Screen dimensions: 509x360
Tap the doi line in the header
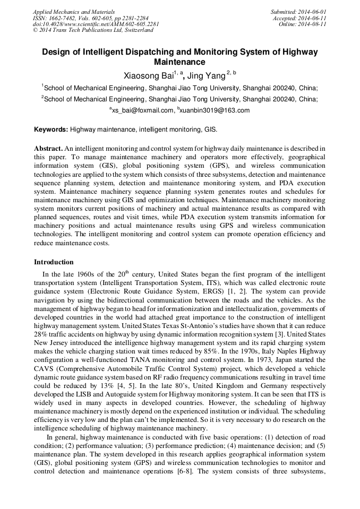pos(96,24)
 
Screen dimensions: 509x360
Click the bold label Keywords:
pos(51,130)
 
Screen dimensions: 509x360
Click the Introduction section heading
pos(54,262)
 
